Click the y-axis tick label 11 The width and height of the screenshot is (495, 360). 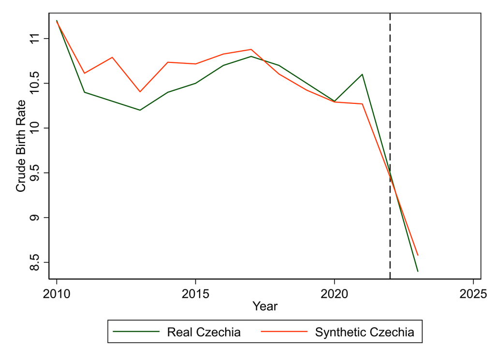pyautogui.click(x=35, y=38)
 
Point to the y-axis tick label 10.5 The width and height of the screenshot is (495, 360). pyautogui.click(x=35, y=83)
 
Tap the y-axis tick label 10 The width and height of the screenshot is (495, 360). pyautogui.click(x=35, y=128)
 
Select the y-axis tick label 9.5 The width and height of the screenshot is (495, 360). pyautogui.click(x=35, y=173)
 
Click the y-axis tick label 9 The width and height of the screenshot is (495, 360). pyautogui.click(x=35, y=218)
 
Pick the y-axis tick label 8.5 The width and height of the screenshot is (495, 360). pyautogui.click(x=35, y=262)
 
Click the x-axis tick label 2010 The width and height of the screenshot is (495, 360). pyautogui.click(x=57, y=293)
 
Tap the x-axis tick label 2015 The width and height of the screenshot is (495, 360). pyautogui.click(x=195, y=293)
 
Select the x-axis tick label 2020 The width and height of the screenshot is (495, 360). pyautogui.click(x=335, y=293)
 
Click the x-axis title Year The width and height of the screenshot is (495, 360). pyautogui.click(x=265, y=306)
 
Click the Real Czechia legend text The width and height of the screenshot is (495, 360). pyautogui.click(x=204, y=332)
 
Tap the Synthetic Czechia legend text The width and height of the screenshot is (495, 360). pyautogui.click(x=364, y=332)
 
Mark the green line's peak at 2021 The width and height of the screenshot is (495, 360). pyautogui.click(x=362, y=74)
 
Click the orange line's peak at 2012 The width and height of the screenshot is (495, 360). pyautogui.click(x=112, y=57)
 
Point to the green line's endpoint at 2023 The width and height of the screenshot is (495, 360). pyautogui.click(x=418, y=272)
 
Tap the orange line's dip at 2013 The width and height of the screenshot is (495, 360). pyautogui.click(x=140, y=92)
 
